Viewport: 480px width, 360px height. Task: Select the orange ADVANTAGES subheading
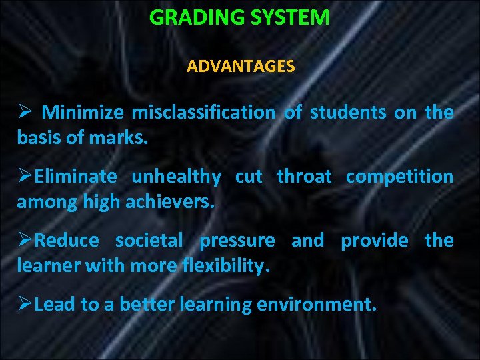[241, 67]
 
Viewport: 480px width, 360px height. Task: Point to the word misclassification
[203, 113]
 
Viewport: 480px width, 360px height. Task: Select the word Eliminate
[75, 177]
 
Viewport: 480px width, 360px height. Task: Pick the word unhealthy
[176, 177]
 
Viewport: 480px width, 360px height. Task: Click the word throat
[304, 177]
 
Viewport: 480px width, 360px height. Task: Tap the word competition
[399, 177]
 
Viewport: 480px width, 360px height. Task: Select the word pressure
[237, 241]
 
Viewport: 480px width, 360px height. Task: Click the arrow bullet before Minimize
[24, 113]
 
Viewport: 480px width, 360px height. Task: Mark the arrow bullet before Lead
[25, 305]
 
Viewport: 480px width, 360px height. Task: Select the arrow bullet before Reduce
[25, 240]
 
